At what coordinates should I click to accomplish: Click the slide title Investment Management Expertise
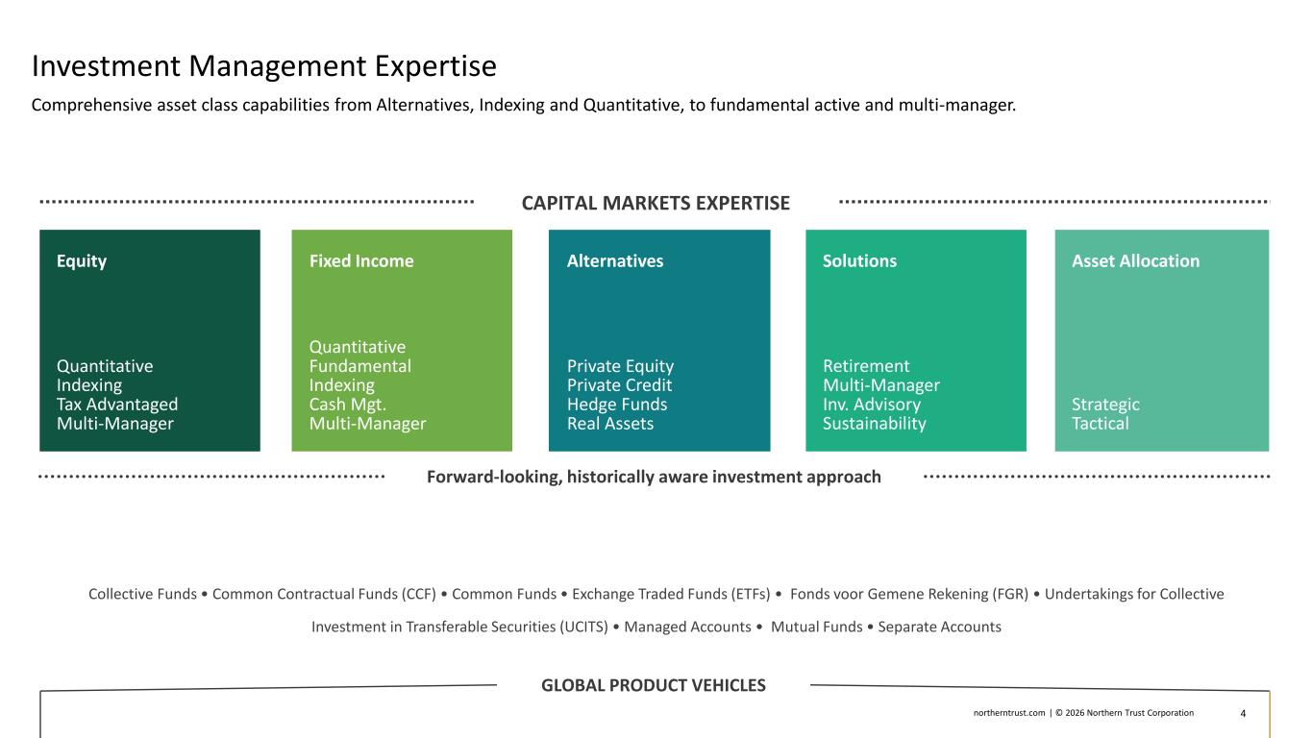point(264,65)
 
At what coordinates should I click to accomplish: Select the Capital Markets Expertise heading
point(656,204)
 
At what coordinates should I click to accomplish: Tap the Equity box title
point(82,261)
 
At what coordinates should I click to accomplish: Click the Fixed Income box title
point(361,261)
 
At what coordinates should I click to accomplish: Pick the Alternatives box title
point(615,261)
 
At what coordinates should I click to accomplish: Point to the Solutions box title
point(859,261)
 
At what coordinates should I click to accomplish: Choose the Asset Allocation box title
point(1136,261)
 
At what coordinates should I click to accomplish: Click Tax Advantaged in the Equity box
point(117,405)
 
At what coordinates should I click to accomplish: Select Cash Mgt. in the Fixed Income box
point(348,405)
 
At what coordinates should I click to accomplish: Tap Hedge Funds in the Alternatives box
point(617,405)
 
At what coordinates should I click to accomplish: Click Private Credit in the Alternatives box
point(619,385)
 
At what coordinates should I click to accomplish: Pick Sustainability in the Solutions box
point(875,424)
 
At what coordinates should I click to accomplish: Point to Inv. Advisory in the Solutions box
point(872,405)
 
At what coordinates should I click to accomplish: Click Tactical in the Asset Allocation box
point(1100,424)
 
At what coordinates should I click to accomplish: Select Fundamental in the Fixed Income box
point(360,367)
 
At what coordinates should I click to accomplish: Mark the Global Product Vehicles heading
point(653,685)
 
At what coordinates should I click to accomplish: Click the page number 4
point(1243,713)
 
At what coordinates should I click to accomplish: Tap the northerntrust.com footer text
point(1009,713)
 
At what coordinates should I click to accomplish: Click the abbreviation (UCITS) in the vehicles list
point(583,627)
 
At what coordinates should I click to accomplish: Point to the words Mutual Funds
point(816,627)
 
